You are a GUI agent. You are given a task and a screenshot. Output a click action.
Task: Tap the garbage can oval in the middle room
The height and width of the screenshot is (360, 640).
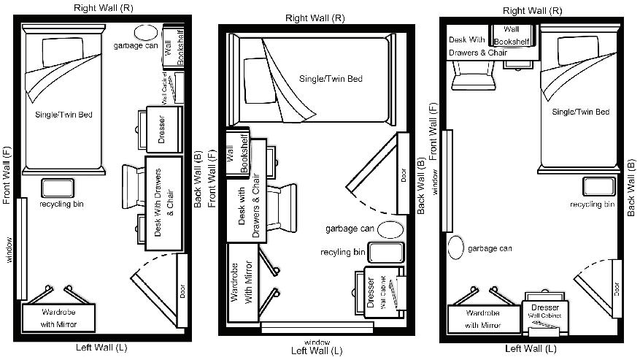click(x=390, y=229)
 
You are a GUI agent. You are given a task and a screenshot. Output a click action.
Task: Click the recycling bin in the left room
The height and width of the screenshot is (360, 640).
click(x=57, y=188)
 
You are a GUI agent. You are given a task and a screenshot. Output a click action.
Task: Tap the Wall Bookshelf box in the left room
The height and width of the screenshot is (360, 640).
click(x=169, y=48)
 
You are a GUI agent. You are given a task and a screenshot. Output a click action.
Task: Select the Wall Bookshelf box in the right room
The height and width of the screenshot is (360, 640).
click(x=512, y=35)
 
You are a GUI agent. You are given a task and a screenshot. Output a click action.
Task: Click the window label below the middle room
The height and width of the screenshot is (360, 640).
click(x=317, y=342)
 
